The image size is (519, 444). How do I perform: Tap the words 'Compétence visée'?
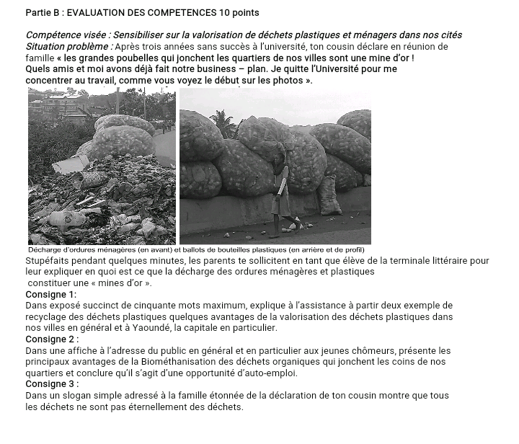click(66, 35)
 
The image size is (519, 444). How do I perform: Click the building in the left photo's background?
click(61, 105)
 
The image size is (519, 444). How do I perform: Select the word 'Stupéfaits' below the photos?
click(50, 260)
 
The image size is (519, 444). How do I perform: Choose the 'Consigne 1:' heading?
click(50, 294)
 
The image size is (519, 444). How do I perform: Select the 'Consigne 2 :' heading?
click(52, 339)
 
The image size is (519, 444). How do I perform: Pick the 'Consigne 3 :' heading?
click(52, 384)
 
